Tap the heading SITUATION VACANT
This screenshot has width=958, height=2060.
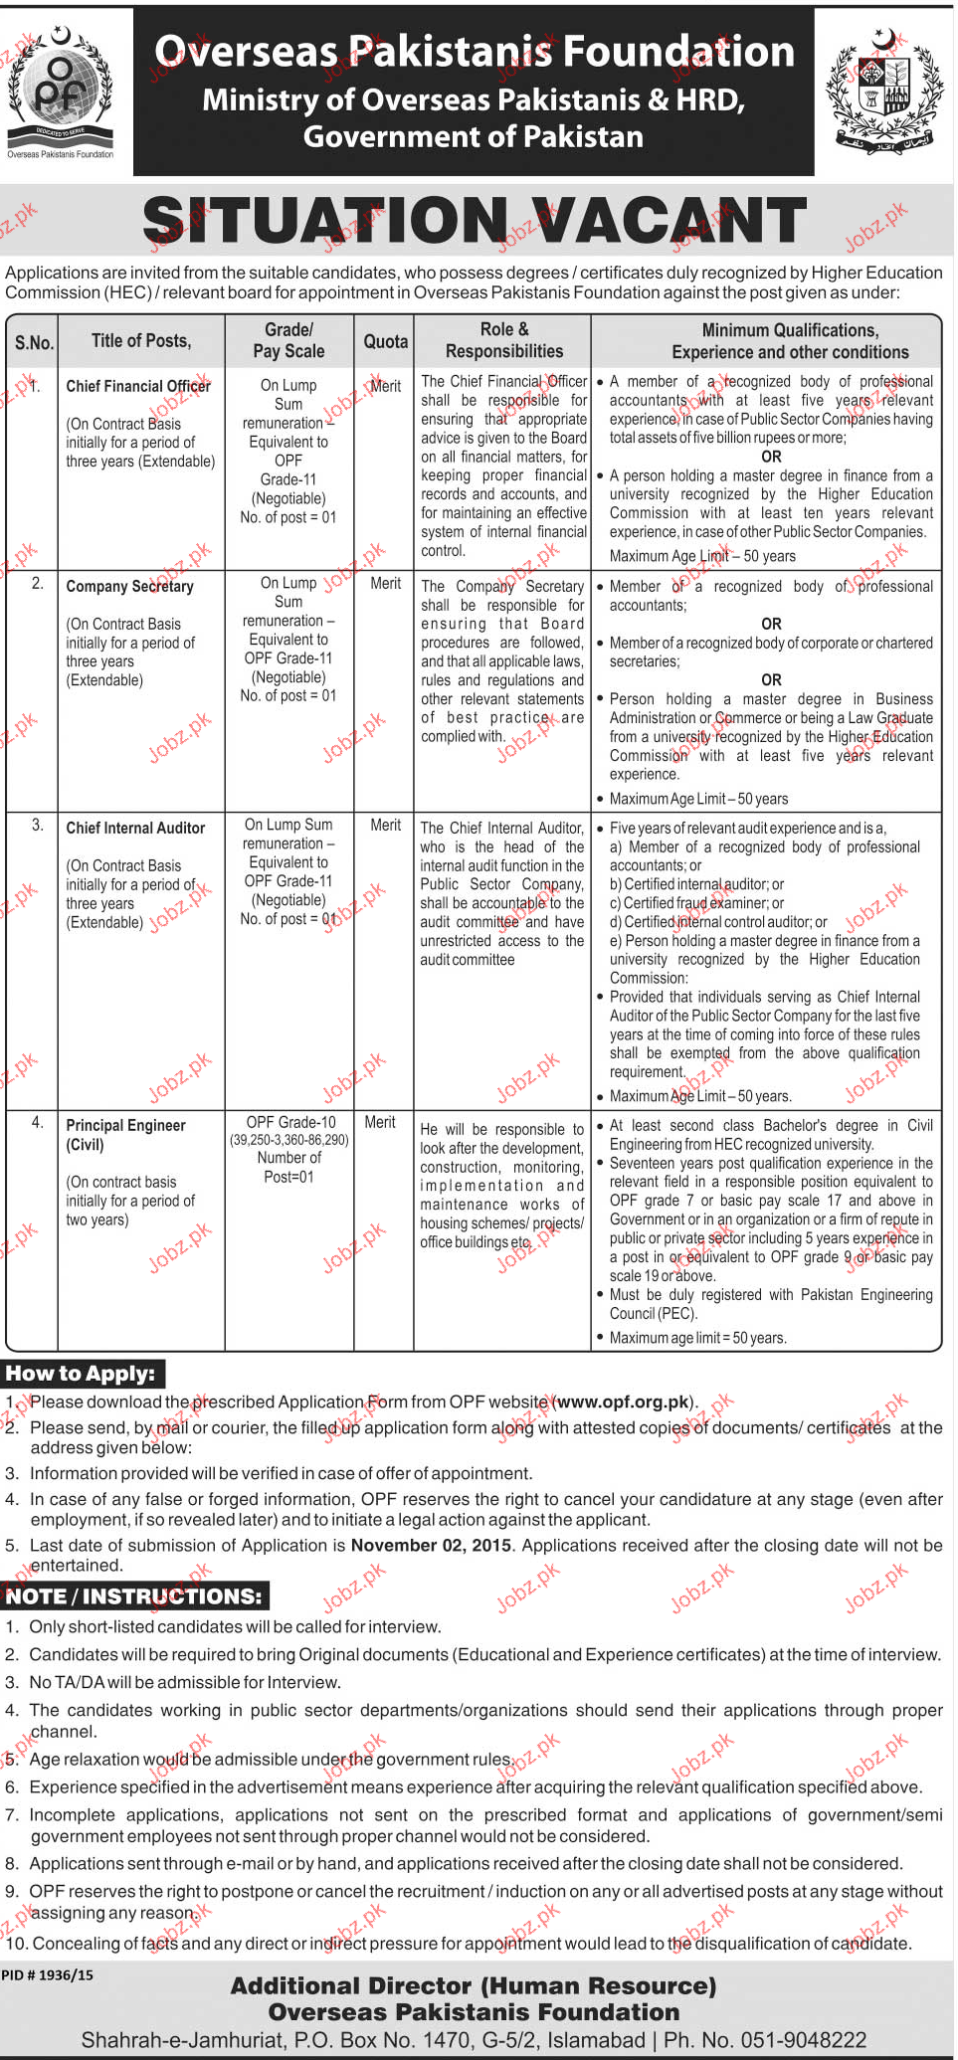tap(475, 221)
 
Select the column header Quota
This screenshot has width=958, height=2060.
tap(385, 341)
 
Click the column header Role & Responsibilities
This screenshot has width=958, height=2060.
tap(503, 340)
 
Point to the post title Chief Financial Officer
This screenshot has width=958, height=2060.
tap(138, 386)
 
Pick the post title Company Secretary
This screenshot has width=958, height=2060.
tap(129, 586)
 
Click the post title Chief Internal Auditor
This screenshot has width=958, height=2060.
tap(135, 828)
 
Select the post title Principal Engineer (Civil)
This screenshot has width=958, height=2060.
tap(125, 1134)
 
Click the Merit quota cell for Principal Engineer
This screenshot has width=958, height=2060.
tap(380, 1122)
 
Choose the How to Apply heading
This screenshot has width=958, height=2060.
tap(81, 1374)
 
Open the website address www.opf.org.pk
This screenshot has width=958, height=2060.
tap(623, 1402)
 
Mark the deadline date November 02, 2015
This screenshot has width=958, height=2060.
tap(432, 1545)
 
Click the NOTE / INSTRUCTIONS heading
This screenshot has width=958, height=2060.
tap(134, 1596)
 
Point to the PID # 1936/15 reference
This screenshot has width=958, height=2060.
tap(48, 1974)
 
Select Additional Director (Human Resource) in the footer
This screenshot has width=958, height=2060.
tap(474, 1985)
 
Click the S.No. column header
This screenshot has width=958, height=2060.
tap(34, 342)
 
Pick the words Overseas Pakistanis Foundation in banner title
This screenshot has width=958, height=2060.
tap(475, 52)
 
